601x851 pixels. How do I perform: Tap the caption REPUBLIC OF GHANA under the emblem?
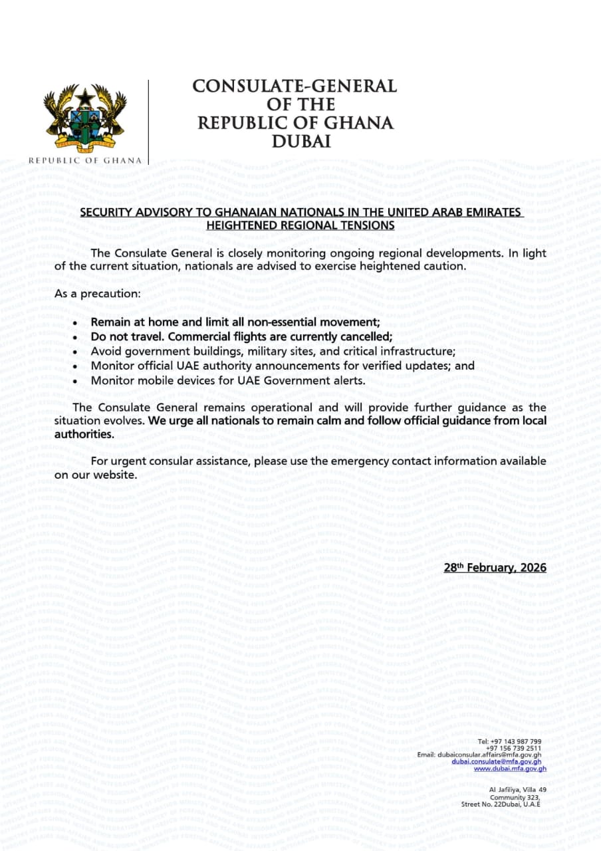click(x=85, y=160)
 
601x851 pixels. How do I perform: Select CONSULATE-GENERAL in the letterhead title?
click(x=295, y=86)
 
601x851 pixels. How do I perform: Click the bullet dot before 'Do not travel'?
click(x=76, y=337)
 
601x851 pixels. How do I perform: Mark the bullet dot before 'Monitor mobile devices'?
click(x=76, y=381)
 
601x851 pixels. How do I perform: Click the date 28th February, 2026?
click(x=495, y=567)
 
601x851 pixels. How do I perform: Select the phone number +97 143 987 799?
click(x=515, y=741)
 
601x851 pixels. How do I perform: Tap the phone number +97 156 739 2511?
click(x=514, y=748)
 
